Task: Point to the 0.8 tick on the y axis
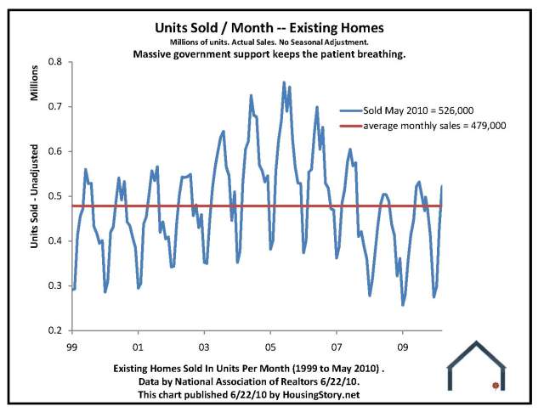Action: point(56,62)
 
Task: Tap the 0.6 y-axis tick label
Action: point(56,151)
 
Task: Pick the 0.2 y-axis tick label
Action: point(56,330)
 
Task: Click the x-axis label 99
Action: point(72,347)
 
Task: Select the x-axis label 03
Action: point(204,347)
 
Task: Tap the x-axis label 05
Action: point(270,347)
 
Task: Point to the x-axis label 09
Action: point(402,347)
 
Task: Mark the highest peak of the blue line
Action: point(284,82)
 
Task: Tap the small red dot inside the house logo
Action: point(495,386)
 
